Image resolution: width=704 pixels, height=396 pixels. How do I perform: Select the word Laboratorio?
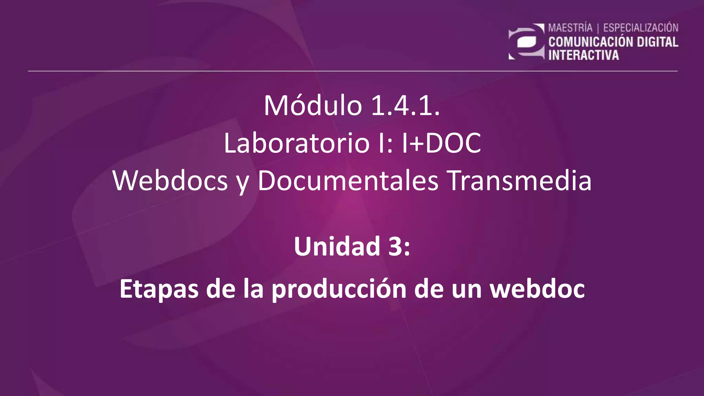coord(297,143)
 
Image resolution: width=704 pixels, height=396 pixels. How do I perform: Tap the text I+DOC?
coord(441,143)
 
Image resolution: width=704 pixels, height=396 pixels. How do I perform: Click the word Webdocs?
coord(170,181)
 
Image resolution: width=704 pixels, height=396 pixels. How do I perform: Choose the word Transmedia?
coord(520,181)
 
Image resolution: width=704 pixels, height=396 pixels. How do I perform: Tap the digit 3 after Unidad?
coord(395,246)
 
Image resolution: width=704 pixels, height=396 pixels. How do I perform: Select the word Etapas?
coord(159,289)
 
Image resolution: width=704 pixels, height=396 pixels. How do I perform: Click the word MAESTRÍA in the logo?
coord(570,28)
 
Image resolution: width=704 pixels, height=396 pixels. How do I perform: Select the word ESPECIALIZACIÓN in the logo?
coord(641,28)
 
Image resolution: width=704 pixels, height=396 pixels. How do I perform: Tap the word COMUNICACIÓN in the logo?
coord(591,42)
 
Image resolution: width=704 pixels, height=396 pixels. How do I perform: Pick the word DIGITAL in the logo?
coord(657,42)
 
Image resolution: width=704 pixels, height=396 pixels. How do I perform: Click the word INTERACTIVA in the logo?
coord(583,55)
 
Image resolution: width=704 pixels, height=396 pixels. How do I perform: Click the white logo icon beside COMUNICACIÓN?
coord(526,42)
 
